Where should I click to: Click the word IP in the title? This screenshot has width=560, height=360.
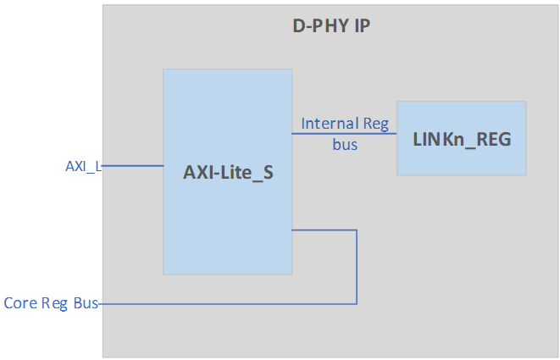coord(360,26)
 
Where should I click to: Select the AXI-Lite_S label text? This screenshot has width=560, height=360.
coord(228,174)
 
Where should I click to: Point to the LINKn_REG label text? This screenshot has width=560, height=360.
coord(461,139)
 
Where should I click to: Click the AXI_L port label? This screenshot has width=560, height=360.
coord(83,166)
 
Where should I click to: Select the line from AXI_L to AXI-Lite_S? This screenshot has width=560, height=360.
coord(131,166)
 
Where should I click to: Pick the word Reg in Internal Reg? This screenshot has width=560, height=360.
coord(375,125)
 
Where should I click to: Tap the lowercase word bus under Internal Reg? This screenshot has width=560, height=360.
coord(344,144)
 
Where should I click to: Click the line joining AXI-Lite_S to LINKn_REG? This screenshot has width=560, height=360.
coord(344,134)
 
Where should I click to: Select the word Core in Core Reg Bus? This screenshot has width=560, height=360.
coord(19,302)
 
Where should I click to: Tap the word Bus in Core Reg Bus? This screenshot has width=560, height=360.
coord(86,302)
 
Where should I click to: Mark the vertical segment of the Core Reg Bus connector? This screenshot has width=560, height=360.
coord(357,267)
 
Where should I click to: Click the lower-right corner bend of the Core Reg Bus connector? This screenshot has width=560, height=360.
coord(357,303)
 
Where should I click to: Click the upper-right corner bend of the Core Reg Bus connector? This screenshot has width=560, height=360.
coord(357,230)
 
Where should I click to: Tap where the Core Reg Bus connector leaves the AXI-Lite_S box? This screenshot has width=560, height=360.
coord(293,230)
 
